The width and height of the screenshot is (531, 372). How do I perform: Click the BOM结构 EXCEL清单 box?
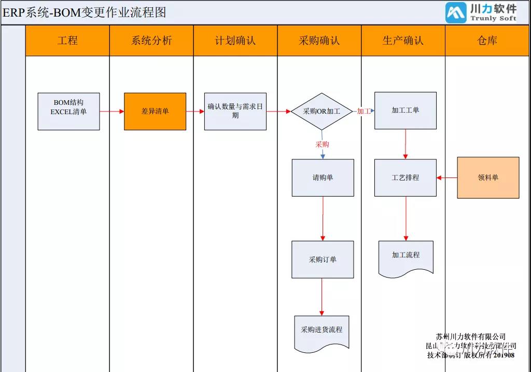point(68,111)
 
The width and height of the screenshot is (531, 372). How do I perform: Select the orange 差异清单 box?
point(155,111)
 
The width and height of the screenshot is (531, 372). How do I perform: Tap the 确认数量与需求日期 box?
point(235,111)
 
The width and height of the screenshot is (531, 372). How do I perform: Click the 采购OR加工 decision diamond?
point(322,111)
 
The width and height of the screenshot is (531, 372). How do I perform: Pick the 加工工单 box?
point(406,111)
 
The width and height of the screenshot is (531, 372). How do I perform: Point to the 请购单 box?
point(323,177)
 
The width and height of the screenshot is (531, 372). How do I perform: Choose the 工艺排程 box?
point(406,177)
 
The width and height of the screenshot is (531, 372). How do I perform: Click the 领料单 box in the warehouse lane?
point(488,177)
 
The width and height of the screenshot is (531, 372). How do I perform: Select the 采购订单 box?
point(323,259)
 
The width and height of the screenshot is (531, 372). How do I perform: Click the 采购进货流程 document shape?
point(322,331)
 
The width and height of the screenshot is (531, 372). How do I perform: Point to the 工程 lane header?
point(67,40)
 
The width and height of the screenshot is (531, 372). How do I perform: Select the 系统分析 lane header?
point(151,40)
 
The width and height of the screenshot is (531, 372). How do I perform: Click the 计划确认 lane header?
point(235,40)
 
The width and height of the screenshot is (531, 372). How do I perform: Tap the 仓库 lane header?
point(487,40)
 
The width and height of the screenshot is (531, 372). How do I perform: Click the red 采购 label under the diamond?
point(322,144)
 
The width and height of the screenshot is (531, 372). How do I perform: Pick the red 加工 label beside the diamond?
point(364,111)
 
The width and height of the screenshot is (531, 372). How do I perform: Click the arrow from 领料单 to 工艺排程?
point(447,177)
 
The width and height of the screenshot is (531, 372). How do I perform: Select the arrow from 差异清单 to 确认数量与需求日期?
point(195,111)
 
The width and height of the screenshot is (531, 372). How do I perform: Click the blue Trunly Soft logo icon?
point(456,13)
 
